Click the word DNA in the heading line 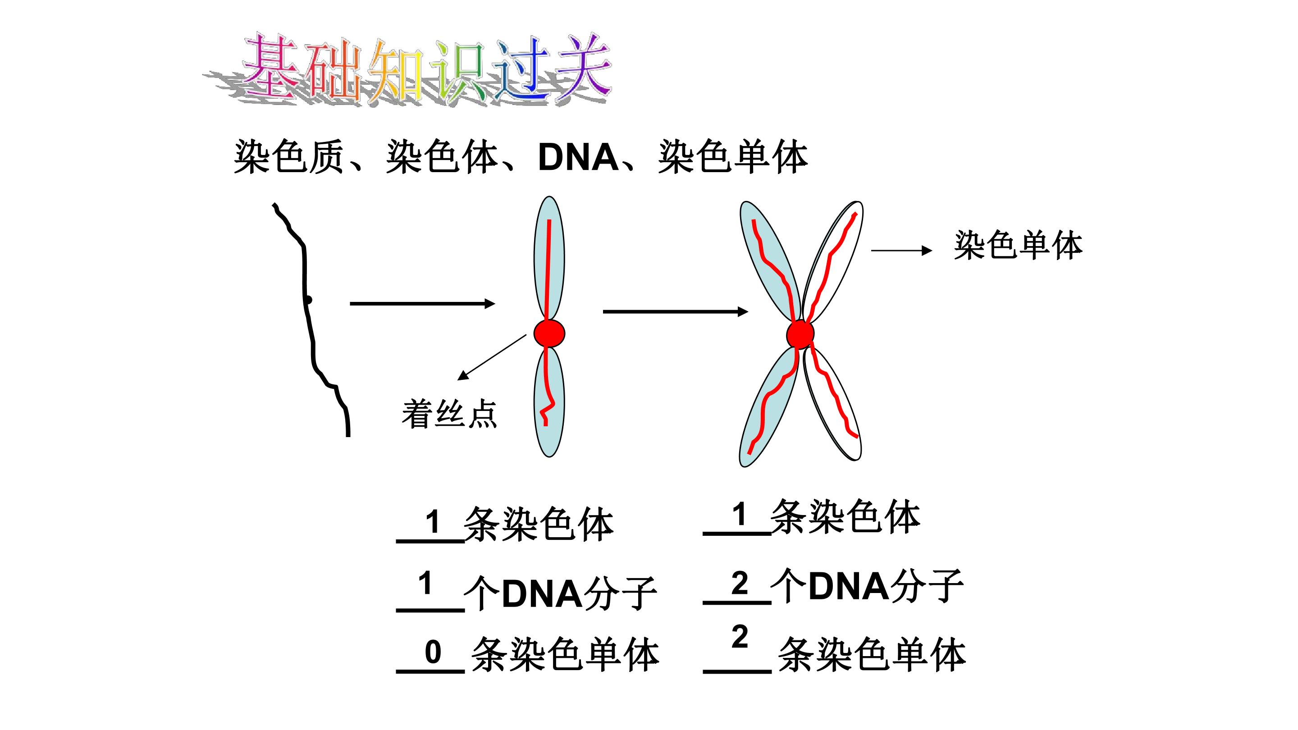[x=578, y=158]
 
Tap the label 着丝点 [x=449, y=414]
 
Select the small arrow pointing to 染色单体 [x=901, y=251]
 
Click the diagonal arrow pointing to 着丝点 [x=492, y=357]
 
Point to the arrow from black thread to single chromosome [x=422, y=303]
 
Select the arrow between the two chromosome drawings [x=675, y=312]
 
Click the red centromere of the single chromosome [x=549, y=333]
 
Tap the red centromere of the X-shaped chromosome [x=800, y=334]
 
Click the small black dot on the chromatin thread [x=308, y=300]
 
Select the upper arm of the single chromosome [x=549, y=258]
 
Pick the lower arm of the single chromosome [x=549, y=402]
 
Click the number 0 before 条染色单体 [x=433, y=652]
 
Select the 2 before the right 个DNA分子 [x=740, y=584]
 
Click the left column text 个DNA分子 [x=560, y=593]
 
